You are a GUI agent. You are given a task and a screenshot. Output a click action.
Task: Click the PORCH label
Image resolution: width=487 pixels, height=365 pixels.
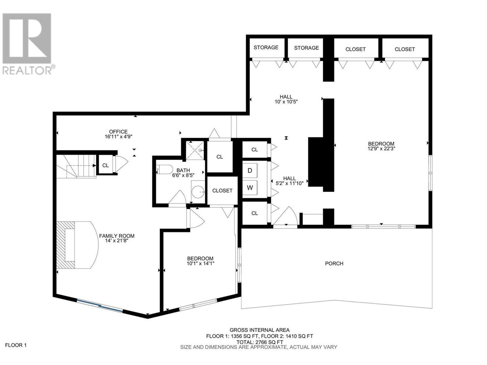click(x=334, y=263)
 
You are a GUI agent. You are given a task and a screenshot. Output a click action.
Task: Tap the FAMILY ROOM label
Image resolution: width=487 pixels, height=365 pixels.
click(x=117, y=236)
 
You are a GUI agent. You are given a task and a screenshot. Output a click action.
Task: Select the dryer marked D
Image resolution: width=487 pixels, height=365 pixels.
click(x=250, y=170)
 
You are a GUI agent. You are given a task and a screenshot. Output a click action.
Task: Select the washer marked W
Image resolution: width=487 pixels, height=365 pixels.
click(x=250, y=188)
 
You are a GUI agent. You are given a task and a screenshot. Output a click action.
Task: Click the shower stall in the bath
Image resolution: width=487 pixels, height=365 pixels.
click(x=195, y=150)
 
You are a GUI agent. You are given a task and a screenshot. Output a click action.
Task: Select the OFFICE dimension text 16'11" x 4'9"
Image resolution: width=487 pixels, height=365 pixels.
click(x=118, y=137)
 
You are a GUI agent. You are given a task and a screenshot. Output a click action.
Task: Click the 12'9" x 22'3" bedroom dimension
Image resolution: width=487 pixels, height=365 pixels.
click(x=381, y=149)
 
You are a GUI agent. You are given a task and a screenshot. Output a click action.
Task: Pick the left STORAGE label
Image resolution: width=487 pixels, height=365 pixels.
click(x=266, y=47)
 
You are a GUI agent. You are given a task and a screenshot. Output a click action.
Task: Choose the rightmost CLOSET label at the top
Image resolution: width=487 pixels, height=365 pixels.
click(x=405, y=49)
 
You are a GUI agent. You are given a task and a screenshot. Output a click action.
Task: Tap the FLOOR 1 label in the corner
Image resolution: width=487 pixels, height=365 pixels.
click(x=16, y=345)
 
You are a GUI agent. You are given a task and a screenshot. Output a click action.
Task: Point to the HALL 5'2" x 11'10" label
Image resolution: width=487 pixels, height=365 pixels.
click(x=289, y=181)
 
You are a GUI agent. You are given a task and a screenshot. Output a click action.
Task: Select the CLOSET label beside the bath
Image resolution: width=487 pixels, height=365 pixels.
click(x=222, y=191)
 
